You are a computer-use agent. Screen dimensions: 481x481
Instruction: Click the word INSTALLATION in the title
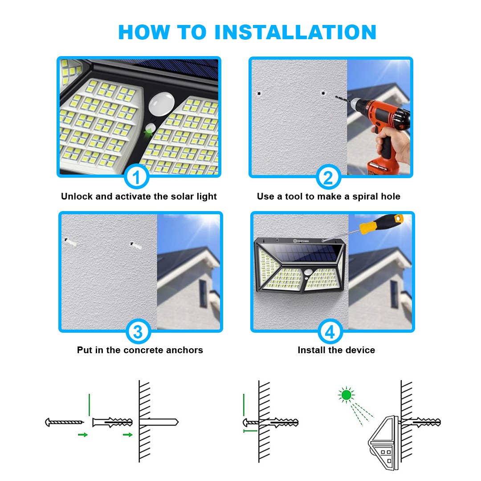point(295,32)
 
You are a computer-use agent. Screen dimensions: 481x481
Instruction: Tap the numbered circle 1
point(137,177)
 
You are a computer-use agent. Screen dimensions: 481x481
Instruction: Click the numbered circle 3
point(138,332)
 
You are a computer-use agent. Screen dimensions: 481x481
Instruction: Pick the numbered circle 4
point(330,332)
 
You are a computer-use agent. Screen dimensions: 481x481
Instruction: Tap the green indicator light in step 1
point(149,131)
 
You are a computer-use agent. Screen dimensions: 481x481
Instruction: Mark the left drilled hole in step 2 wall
point(258,94)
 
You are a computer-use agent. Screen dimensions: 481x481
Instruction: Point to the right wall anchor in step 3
point(135,245)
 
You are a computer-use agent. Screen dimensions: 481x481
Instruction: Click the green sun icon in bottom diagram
point(346,394)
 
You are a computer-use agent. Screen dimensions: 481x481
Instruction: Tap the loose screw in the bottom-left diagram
point(64,422)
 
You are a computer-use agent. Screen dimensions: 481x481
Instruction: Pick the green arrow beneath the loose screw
point(82,435)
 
